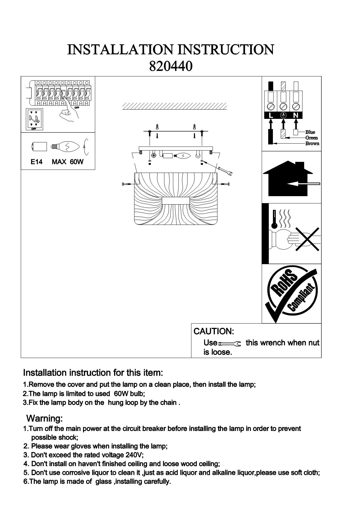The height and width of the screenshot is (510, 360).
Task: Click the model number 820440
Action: (x=170, y=67)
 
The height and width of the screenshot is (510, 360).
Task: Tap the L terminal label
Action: (x=271, y=116)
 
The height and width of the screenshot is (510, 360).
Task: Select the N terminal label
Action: (x=296, y=116)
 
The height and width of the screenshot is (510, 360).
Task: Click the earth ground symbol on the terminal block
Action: (x=283, y=116)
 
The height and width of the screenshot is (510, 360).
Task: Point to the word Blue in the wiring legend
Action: (x=310, y=132)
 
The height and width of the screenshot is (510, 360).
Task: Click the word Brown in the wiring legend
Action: (x=312, y=144)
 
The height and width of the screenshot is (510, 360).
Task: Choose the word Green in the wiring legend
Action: (x=312, y=138)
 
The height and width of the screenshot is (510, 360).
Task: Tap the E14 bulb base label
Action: (x=37, y=162)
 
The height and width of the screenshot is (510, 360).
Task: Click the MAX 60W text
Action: (x=67, y=162)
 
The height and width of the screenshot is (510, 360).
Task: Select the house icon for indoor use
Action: (x=287, y=179)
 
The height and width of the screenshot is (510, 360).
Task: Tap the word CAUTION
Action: (x=214, y=331)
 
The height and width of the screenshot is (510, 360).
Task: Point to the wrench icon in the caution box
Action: (x=229, y=344)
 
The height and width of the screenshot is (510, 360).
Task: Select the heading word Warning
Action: (x=44, y=418)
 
